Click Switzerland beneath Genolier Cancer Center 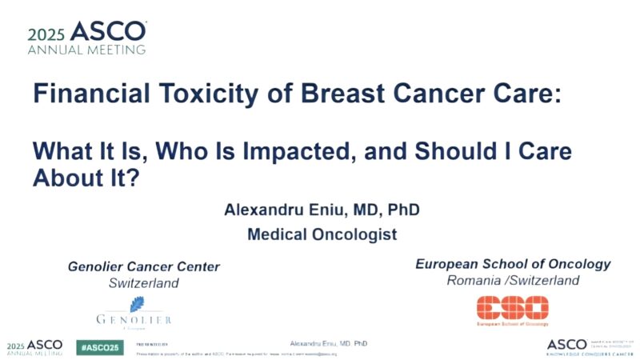(144, 283)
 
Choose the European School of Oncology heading (513, 264)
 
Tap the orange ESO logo (513, 308)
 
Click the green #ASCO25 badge (99, 346)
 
